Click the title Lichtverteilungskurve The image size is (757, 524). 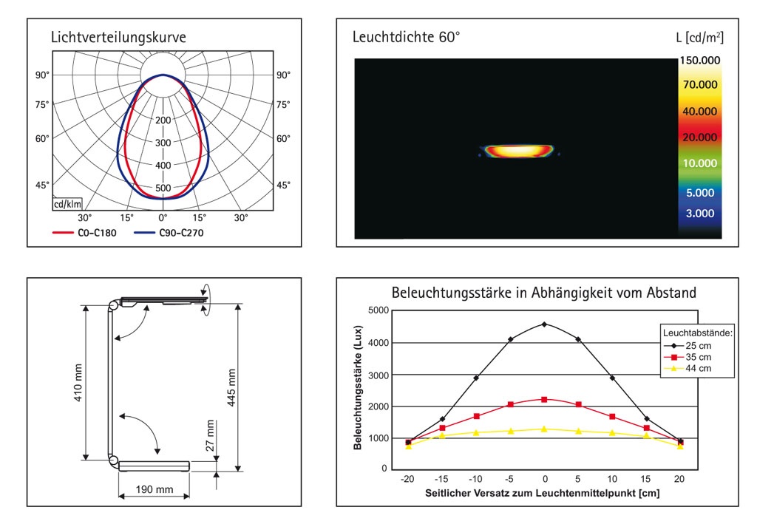tap(118, 38)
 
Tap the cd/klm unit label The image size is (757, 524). tap(67, 204)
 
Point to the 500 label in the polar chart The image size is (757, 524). tap(163, 188)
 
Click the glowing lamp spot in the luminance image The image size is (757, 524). tap(517, 151)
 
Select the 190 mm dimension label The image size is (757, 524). tap(155, 490)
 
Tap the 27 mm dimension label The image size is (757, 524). tap(210, 436)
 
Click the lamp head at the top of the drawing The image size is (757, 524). tap(163, 300)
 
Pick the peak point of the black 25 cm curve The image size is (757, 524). tap(544, 324)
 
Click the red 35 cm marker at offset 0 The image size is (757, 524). tap(544, 399)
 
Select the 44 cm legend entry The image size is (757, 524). tap(691, 367)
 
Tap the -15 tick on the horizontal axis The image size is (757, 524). tap(442, 480)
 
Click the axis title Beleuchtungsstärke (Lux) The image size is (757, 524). tap(358, 389)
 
